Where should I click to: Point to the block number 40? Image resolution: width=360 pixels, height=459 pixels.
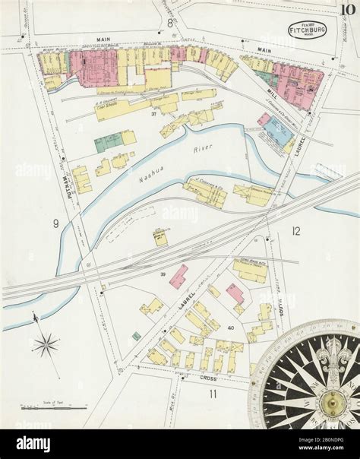230,328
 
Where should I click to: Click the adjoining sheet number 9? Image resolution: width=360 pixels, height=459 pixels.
55,223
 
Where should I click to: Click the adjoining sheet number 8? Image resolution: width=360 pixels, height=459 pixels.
169,23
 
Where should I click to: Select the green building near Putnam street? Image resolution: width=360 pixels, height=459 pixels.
108,141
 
